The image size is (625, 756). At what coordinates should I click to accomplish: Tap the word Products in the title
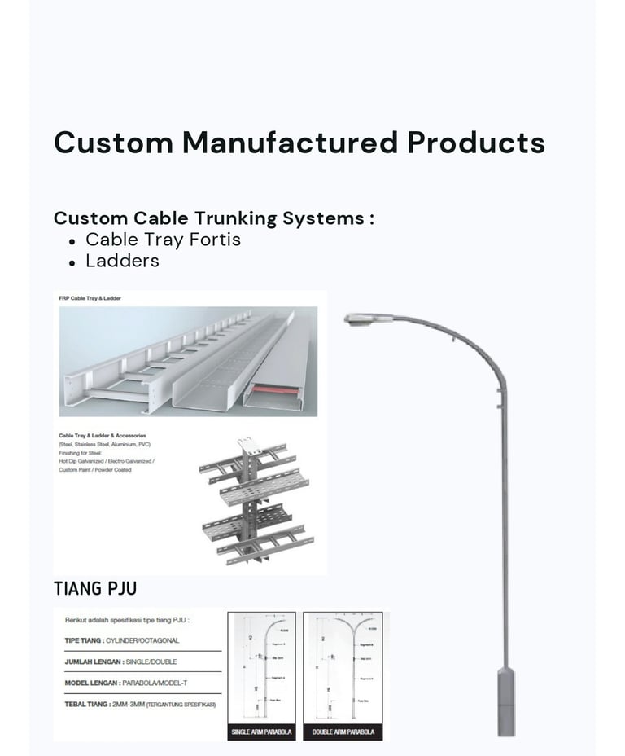point(476,143)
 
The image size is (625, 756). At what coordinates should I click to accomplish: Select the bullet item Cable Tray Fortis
point(163,240)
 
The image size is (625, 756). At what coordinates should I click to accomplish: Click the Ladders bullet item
point(122,261)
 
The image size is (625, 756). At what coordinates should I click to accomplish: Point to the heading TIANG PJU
point(90,588)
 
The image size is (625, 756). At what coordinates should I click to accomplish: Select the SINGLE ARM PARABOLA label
point(261,732)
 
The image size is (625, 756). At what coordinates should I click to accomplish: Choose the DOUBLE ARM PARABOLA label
point(344,732)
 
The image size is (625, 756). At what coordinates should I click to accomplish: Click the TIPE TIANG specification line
point(122,641)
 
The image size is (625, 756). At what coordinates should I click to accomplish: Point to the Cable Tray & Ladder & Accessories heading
point(103,436)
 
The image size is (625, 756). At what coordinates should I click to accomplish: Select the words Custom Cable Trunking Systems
point(213,218)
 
